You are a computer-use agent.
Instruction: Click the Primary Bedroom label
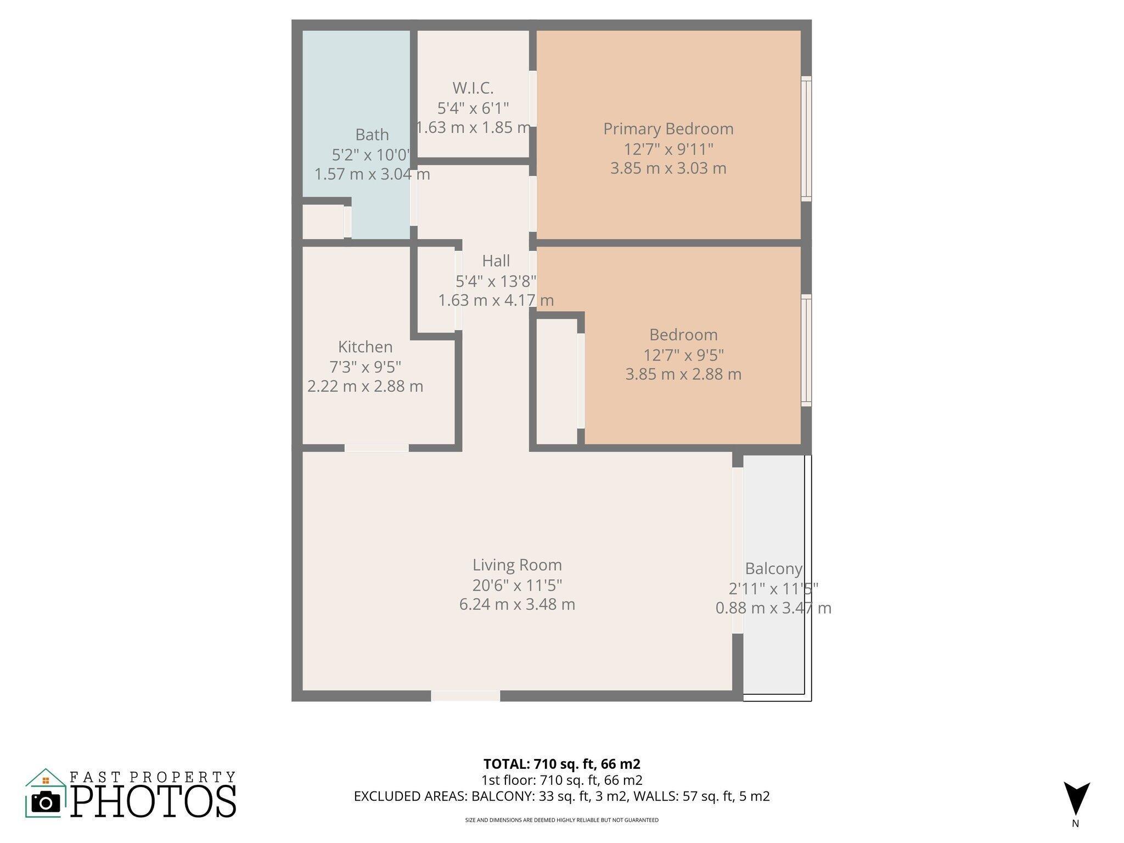coord(668,129)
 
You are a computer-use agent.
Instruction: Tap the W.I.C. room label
coord(473,88)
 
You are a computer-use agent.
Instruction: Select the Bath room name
coord(372,134)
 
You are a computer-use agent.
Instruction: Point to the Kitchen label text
coord(365,347)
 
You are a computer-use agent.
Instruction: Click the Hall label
coord(496,261)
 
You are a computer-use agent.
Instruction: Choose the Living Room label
coord(517,565)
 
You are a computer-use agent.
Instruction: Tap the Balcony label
coord(773,569)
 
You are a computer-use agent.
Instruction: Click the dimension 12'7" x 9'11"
coord(668,149)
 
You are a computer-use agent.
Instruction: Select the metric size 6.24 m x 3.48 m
coord(517,604)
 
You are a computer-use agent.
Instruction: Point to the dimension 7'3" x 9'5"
coord(365,367)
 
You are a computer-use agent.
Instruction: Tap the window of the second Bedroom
coord(806,350)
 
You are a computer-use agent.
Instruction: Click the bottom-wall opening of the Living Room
coord(465,696)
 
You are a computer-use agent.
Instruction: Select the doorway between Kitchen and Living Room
coord(376,448)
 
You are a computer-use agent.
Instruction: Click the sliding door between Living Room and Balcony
coord(737,550)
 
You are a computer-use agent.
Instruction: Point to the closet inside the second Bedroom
coord(556,381)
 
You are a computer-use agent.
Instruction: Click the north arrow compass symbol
coord(1076,799)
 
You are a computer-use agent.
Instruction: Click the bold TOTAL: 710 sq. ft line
coord(561,763)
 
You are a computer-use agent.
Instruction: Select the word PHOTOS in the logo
coord(153,802)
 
